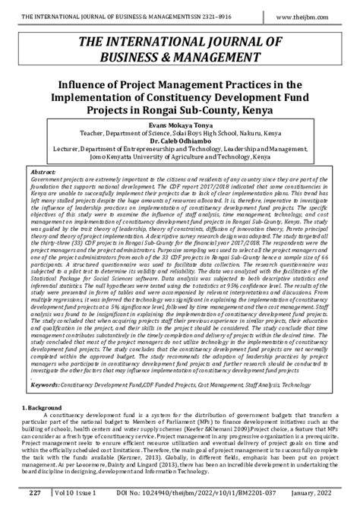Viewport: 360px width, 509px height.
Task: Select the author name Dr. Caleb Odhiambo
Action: tap(180, 141)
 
